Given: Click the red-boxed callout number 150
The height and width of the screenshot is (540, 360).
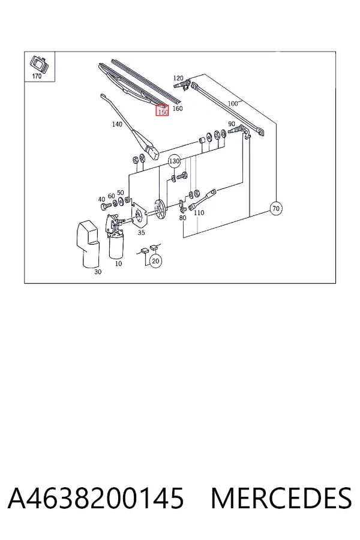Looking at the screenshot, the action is (162, 112).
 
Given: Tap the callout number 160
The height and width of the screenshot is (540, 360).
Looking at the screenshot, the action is (177, 109).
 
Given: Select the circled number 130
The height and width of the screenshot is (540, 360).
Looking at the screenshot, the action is (175, 161).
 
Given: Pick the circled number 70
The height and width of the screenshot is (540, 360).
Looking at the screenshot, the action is (275, 208).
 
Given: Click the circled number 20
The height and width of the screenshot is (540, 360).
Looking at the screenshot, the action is (156, 261).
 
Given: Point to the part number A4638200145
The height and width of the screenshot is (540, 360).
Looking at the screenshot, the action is (96, 498).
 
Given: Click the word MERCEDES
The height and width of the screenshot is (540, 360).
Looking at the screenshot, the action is (281, 498).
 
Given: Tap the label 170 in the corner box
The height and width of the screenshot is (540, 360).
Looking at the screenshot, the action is (37, 76).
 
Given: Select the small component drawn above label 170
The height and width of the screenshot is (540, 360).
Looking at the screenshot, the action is (38, 64).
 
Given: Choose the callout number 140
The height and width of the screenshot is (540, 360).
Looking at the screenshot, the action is (117, 124).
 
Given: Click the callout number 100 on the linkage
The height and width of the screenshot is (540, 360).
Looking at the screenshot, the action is (233, 103).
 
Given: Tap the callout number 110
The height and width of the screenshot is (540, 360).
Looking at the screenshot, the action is (199, 213).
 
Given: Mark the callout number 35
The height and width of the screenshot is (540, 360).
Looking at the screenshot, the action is (141, 232).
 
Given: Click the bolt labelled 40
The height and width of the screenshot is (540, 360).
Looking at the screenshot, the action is (105, 206).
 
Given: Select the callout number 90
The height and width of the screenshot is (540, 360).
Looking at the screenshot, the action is (232, 124).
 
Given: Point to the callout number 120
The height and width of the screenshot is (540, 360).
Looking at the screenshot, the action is (178, 78).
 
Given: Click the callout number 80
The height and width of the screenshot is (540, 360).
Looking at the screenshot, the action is (182, 218).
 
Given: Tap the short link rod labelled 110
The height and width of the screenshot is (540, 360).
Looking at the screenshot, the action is (202, 199).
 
